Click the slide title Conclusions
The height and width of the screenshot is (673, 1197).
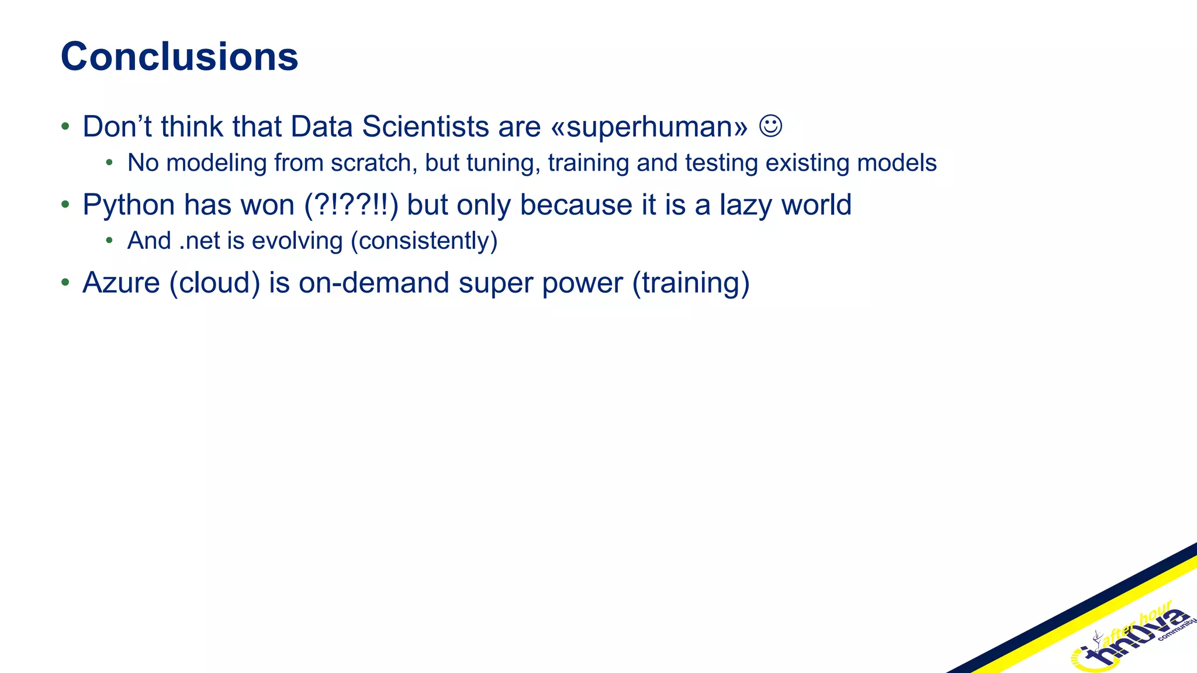pyautogui.click(x=179, y=57)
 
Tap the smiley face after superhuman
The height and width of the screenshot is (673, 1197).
pyautogui.click(x=770, y=126)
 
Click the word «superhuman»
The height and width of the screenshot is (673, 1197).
pyautogui.click(x=649, y=127)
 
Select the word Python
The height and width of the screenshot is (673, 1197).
pyautogui.click(x=129, y=206)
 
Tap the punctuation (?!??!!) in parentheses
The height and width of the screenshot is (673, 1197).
pyautogui.click(x=351, y=206)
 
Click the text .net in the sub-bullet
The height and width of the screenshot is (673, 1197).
pyautogui.click(x=199, y=241)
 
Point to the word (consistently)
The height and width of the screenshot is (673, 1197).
pyautogui.click(x=424, y=241)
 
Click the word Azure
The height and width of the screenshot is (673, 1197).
pyautogui.click(x=121, y=283)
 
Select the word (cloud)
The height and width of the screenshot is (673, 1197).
pyautogui.click(x=215, y=283)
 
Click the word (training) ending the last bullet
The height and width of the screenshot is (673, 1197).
pyautogui.click(x=691, y=283)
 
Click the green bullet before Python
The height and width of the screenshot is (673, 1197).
pyautogui.click(x=65, y=204)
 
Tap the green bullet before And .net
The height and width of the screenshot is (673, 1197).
pyautogui.click(x=109, y=240)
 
